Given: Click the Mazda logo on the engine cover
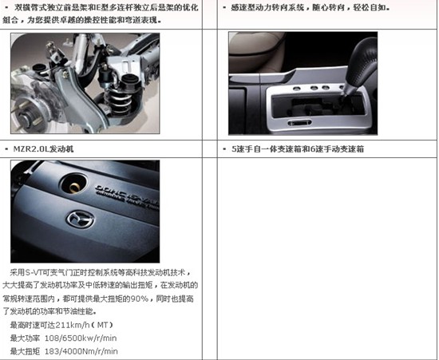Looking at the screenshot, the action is [x=80, y=219].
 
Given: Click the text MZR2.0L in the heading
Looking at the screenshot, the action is [x=31, y=149].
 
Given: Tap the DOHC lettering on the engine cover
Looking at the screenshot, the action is [x=109, y=190].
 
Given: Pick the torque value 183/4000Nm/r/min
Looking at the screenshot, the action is [x=81, y=351].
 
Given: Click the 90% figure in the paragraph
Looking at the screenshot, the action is [x=139, y=299].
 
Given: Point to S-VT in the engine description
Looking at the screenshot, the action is [x=34, y=272].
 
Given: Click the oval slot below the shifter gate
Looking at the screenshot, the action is [x=299, y=123].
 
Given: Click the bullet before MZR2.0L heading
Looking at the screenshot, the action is [x=6, y=149].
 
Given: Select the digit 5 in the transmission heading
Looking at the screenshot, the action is [x=234, y=149].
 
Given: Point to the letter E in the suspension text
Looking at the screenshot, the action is [x=98, y=7].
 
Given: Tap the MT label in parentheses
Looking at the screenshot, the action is [x=102, y=326].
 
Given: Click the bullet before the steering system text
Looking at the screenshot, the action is [x=224, y=8].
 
